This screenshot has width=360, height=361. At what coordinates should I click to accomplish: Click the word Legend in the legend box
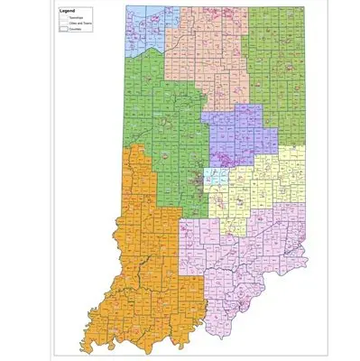click(68, 10)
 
